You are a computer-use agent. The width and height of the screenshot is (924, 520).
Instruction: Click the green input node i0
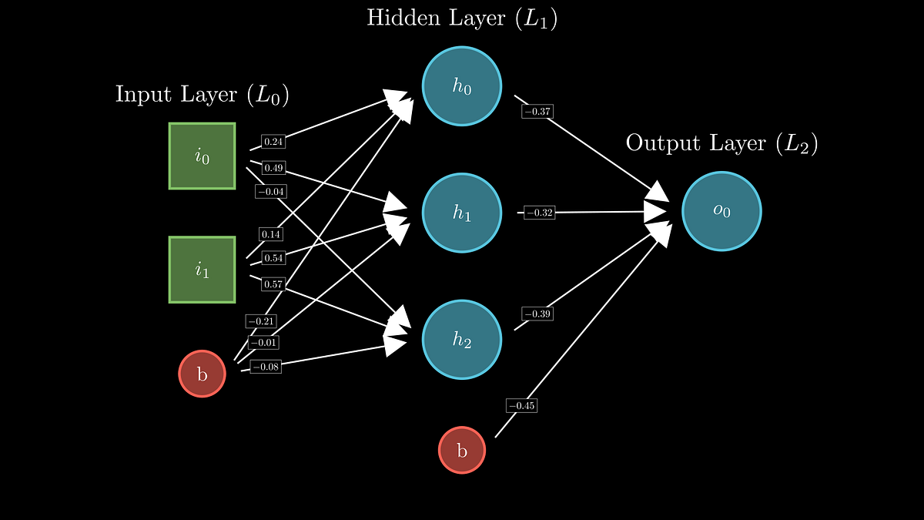(x=202, y=156)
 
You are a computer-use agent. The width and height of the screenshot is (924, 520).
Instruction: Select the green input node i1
(x=202, y=270)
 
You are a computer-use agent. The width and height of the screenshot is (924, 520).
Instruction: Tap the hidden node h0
(x=462, y=86)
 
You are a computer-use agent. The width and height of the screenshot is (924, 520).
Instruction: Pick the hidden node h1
(x=462, y=213)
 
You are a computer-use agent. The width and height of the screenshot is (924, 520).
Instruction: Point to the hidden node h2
(x=462, y=340)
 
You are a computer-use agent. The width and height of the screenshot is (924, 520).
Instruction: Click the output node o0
(x=721, y=211)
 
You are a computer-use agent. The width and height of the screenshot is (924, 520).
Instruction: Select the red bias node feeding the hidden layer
(x=202, y=374)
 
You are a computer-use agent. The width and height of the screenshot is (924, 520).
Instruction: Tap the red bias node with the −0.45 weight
(x=462, y=450)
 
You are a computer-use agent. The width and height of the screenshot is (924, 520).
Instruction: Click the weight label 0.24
(x=273, y=142)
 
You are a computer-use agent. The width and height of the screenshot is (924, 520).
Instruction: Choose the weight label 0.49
(x=273, y=168)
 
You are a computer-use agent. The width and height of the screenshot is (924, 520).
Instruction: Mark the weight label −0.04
(x=270, y=191)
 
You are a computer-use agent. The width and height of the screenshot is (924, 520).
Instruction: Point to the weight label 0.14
(x=270, y=234)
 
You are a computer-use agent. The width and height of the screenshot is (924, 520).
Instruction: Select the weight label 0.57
(x=273, y=284)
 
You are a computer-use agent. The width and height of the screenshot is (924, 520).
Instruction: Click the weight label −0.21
(x=261, y=321)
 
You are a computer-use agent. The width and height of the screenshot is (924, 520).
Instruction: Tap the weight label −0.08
(x=266, y=367)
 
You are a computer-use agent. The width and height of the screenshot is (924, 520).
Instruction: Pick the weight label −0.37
(x=537, y=112)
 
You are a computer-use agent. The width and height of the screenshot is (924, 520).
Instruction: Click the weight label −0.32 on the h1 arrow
(x=539, y=213)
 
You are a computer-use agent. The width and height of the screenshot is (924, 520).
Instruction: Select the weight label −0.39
(x=537, y=314)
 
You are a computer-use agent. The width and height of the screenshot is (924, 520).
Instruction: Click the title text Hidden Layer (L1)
(x=462, y=18)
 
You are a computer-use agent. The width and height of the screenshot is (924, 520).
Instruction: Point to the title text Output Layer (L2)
(x=721, y=143)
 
